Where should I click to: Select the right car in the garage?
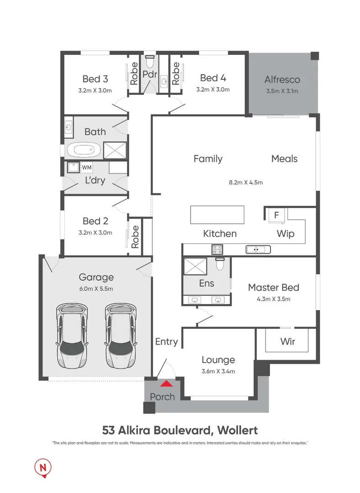coord(121,335)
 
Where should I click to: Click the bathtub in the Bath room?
coord(84,150)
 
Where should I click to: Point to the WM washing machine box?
coord(86,168)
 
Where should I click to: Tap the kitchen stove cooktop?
coord(217,249)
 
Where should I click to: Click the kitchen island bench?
coord(217,215)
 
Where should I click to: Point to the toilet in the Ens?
coord(219,265)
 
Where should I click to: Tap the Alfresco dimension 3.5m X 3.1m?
coord(282,91)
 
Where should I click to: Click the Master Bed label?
coord(274,287)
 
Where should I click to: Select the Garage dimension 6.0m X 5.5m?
coord(96,288)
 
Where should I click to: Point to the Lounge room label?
coord(218,360)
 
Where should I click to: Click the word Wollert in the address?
coord(238,430)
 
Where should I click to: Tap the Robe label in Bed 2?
coord(135,236)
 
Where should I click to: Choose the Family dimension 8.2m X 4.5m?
coord(246,182)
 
